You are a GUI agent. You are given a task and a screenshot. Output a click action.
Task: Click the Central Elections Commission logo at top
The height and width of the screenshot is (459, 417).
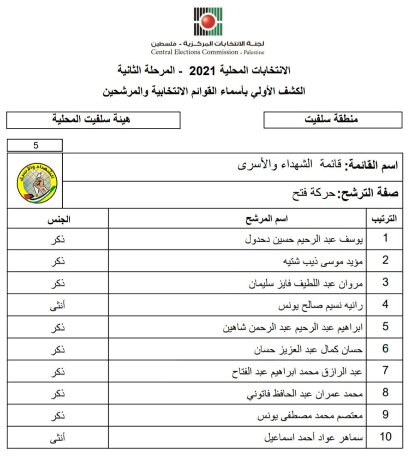pos(208,22)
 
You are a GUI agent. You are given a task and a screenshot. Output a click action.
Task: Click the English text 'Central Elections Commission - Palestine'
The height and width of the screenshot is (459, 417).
pos(208,52)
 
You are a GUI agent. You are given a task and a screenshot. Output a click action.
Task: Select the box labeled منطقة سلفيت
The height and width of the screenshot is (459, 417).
pos(332,119)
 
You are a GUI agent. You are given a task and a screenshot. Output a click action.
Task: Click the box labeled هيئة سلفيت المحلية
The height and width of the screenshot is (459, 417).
pos(93,119)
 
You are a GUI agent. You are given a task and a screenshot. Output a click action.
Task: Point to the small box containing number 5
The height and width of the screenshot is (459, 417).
pos(35,145)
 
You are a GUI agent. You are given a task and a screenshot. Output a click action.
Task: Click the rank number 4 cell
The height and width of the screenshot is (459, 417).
pos(385,304)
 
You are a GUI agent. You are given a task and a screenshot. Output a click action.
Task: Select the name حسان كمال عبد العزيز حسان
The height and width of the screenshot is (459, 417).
pos(308,349)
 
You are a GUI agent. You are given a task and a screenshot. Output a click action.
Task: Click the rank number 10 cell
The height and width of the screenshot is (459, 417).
pos(385,436)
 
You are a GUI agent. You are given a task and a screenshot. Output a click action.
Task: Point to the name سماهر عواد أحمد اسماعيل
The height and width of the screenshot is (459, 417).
pos(313,436)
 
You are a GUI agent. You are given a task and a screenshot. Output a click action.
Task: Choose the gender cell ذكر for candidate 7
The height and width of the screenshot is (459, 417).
pos(57,371)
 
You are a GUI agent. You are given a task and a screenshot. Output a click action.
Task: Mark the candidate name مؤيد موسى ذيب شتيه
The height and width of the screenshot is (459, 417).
pos(322,261)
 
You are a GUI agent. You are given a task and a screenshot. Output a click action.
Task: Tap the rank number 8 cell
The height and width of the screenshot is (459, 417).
pos(385,393)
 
